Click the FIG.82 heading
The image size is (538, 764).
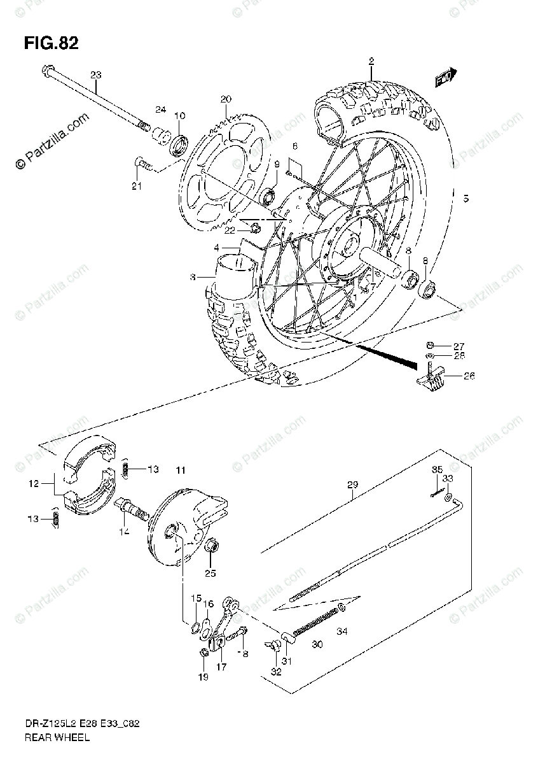(x=51, y=44)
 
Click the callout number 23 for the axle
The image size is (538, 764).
(x=95, y=75)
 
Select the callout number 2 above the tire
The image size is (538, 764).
(x=370, y=61)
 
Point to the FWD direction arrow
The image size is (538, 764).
(x=446, y=78)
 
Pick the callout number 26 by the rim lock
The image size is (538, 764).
(x=469, y=376)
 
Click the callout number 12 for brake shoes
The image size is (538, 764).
(x=33, y=483)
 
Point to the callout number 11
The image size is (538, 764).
(x=181, y=470)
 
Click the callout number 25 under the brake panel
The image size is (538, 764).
(x=210, y=573)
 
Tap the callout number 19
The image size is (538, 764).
(x=202, y=677)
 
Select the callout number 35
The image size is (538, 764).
(x=437, y=470)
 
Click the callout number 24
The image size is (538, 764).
(x=160, y=110)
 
